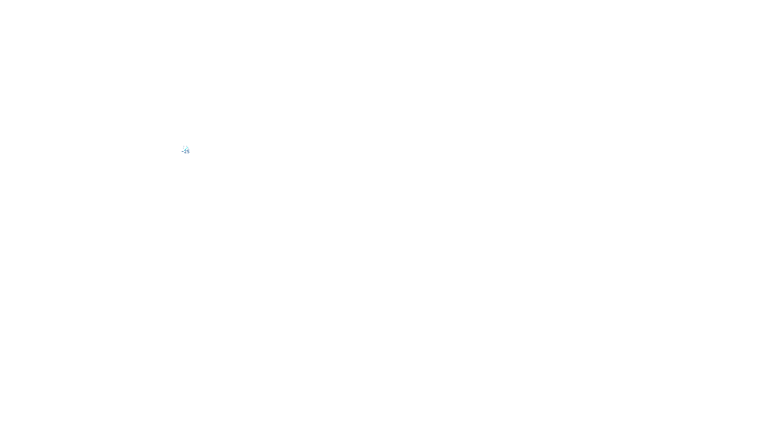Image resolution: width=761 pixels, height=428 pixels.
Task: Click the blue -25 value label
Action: pos(185,152)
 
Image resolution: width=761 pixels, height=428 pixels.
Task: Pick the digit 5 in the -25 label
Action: pos(188,152)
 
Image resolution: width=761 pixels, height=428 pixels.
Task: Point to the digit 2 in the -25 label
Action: pos(185,152)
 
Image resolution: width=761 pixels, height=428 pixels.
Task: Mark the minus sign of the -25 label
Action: pos(182,152)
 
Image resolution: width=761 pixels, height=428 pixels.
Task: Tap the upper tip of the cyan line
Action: pos(187,147)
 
